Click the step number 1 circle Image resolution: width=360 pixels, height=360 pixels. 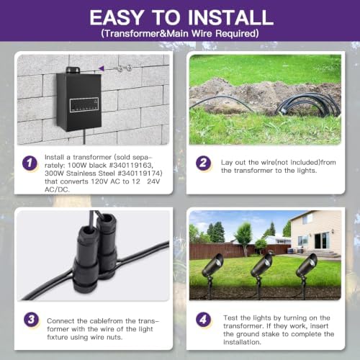(30, 163)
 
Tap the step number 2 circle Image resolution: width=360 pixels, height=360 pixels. (203, 163)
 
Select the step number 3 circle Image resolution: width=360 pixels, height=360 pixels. (31, 320)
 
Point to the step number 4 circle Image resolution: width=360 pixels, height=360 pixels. (203, 320)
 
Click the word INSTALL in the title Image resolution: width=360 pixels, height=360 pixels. (230, 17)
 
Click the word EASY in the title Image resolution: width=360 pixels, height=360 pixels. (117, 17)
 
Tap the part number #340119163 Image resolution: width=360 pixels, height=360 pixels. (130, 166)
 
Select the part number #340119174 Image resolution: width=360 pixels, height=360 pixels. (140, 174)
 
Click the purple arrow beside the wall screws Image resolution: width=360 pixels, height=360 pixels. (102, 68)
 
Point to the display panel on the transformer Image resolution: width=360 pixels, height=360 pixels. (84, 104)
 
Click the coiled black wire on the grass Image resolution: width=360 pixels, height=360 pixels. (308, 105)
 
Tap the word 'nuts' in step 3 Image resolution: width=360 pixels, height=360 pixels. (114, 337)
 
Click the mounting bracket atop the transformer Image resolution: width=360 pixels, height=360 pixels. (73, 70)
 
